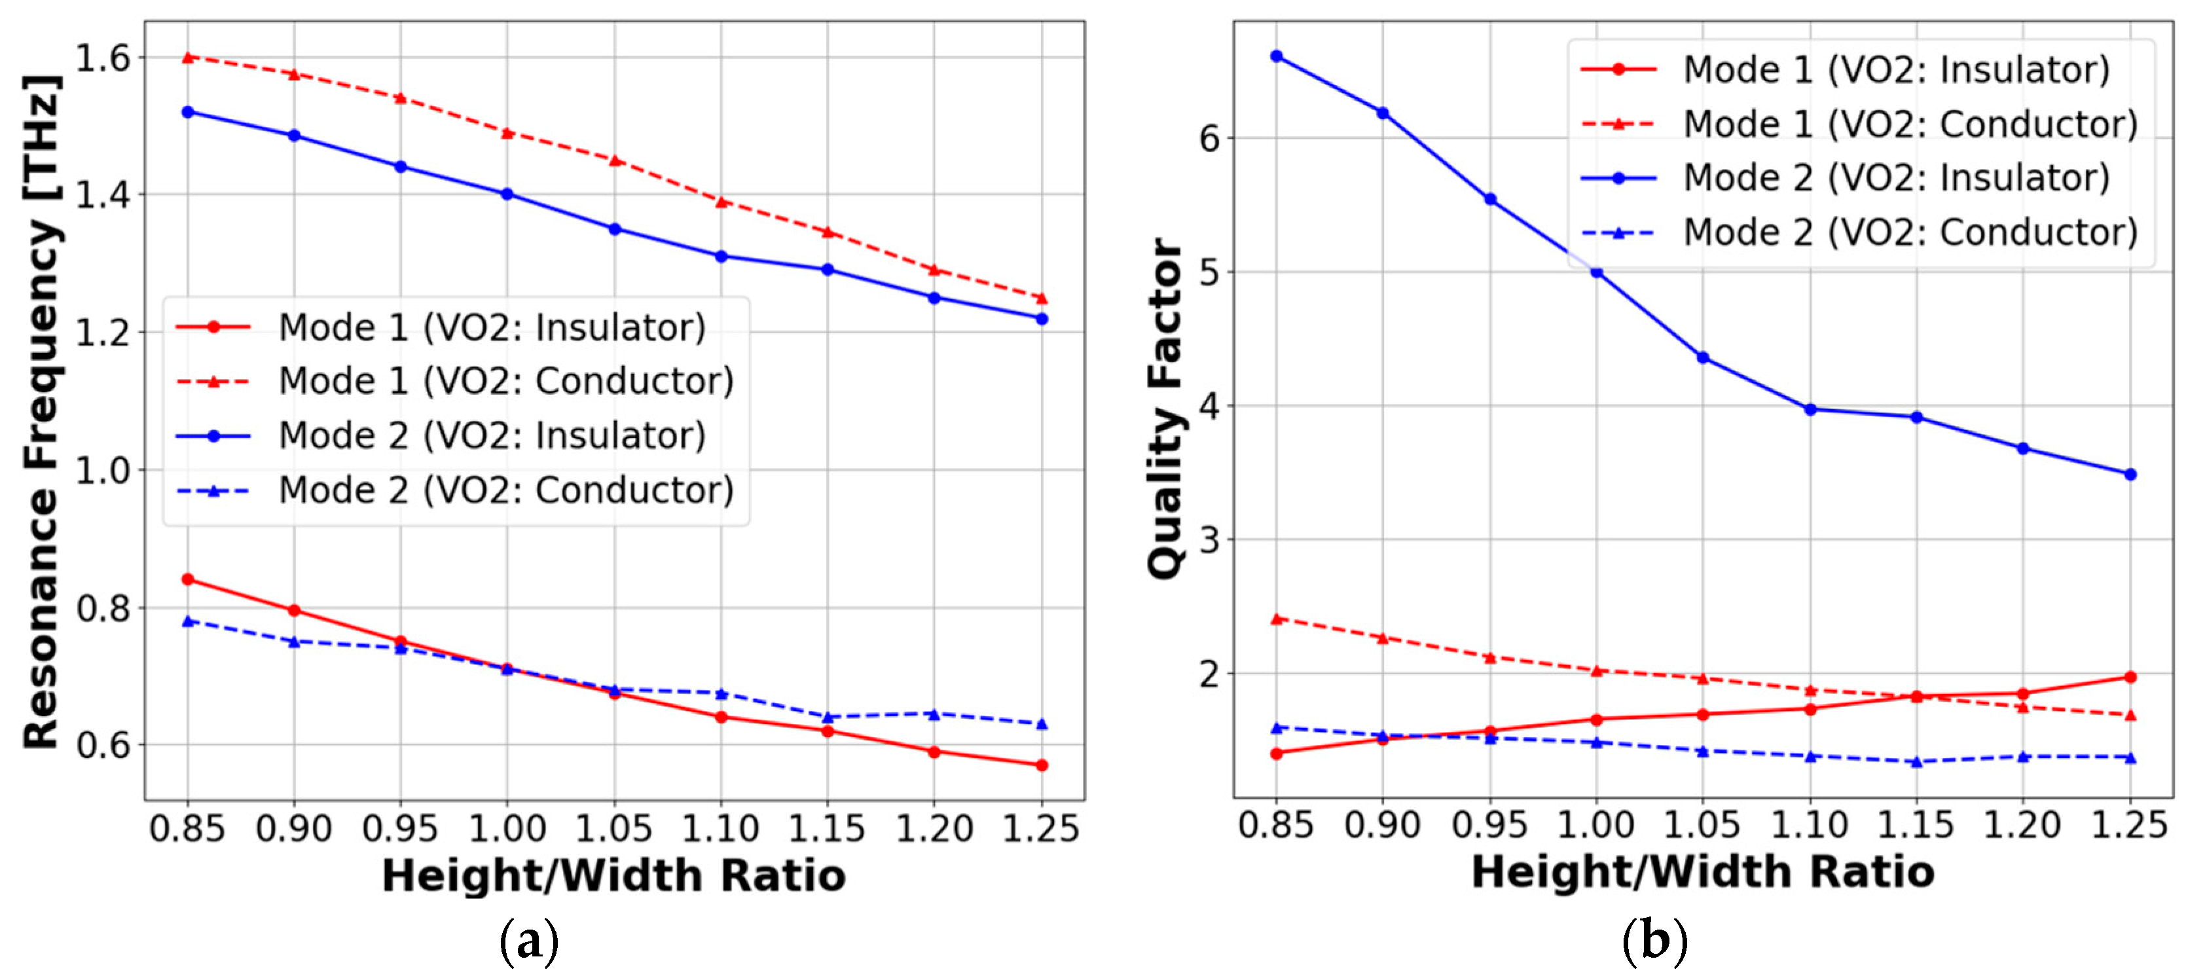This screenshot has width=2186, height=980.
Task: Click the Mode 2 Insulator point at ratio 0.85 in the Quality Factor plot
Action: point(1275,56)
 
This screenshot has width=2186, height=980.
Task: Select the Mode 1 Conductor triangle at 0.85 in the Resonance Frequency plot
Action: point(189,57)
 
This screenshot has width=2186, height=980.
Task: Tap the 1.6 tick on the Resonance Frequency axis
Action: point(103,58)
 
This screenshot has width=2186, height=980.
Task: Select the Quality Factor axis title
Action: point(1166,407)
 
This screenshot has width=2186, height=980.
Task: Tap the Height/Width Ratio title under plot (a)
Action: point(613,875)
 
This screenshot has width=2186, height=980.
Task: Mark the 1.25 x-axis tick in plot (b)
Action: point(2129,824)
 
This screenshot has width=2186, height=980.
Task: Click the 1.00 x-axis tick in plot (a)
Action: point(507,827)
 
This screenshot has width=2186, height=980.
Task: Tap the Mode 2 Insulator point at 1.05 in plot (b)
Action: point(1702,357)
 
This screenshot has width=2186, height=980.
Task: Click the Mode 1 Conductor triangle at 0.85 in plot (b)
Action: point(1275,619)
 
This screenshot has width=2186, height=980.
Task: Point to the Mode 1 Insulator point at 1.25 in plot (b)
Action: point(2130,676)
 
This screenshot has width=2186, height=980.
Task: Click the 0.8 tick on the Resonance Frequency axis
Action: point(103,608)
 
